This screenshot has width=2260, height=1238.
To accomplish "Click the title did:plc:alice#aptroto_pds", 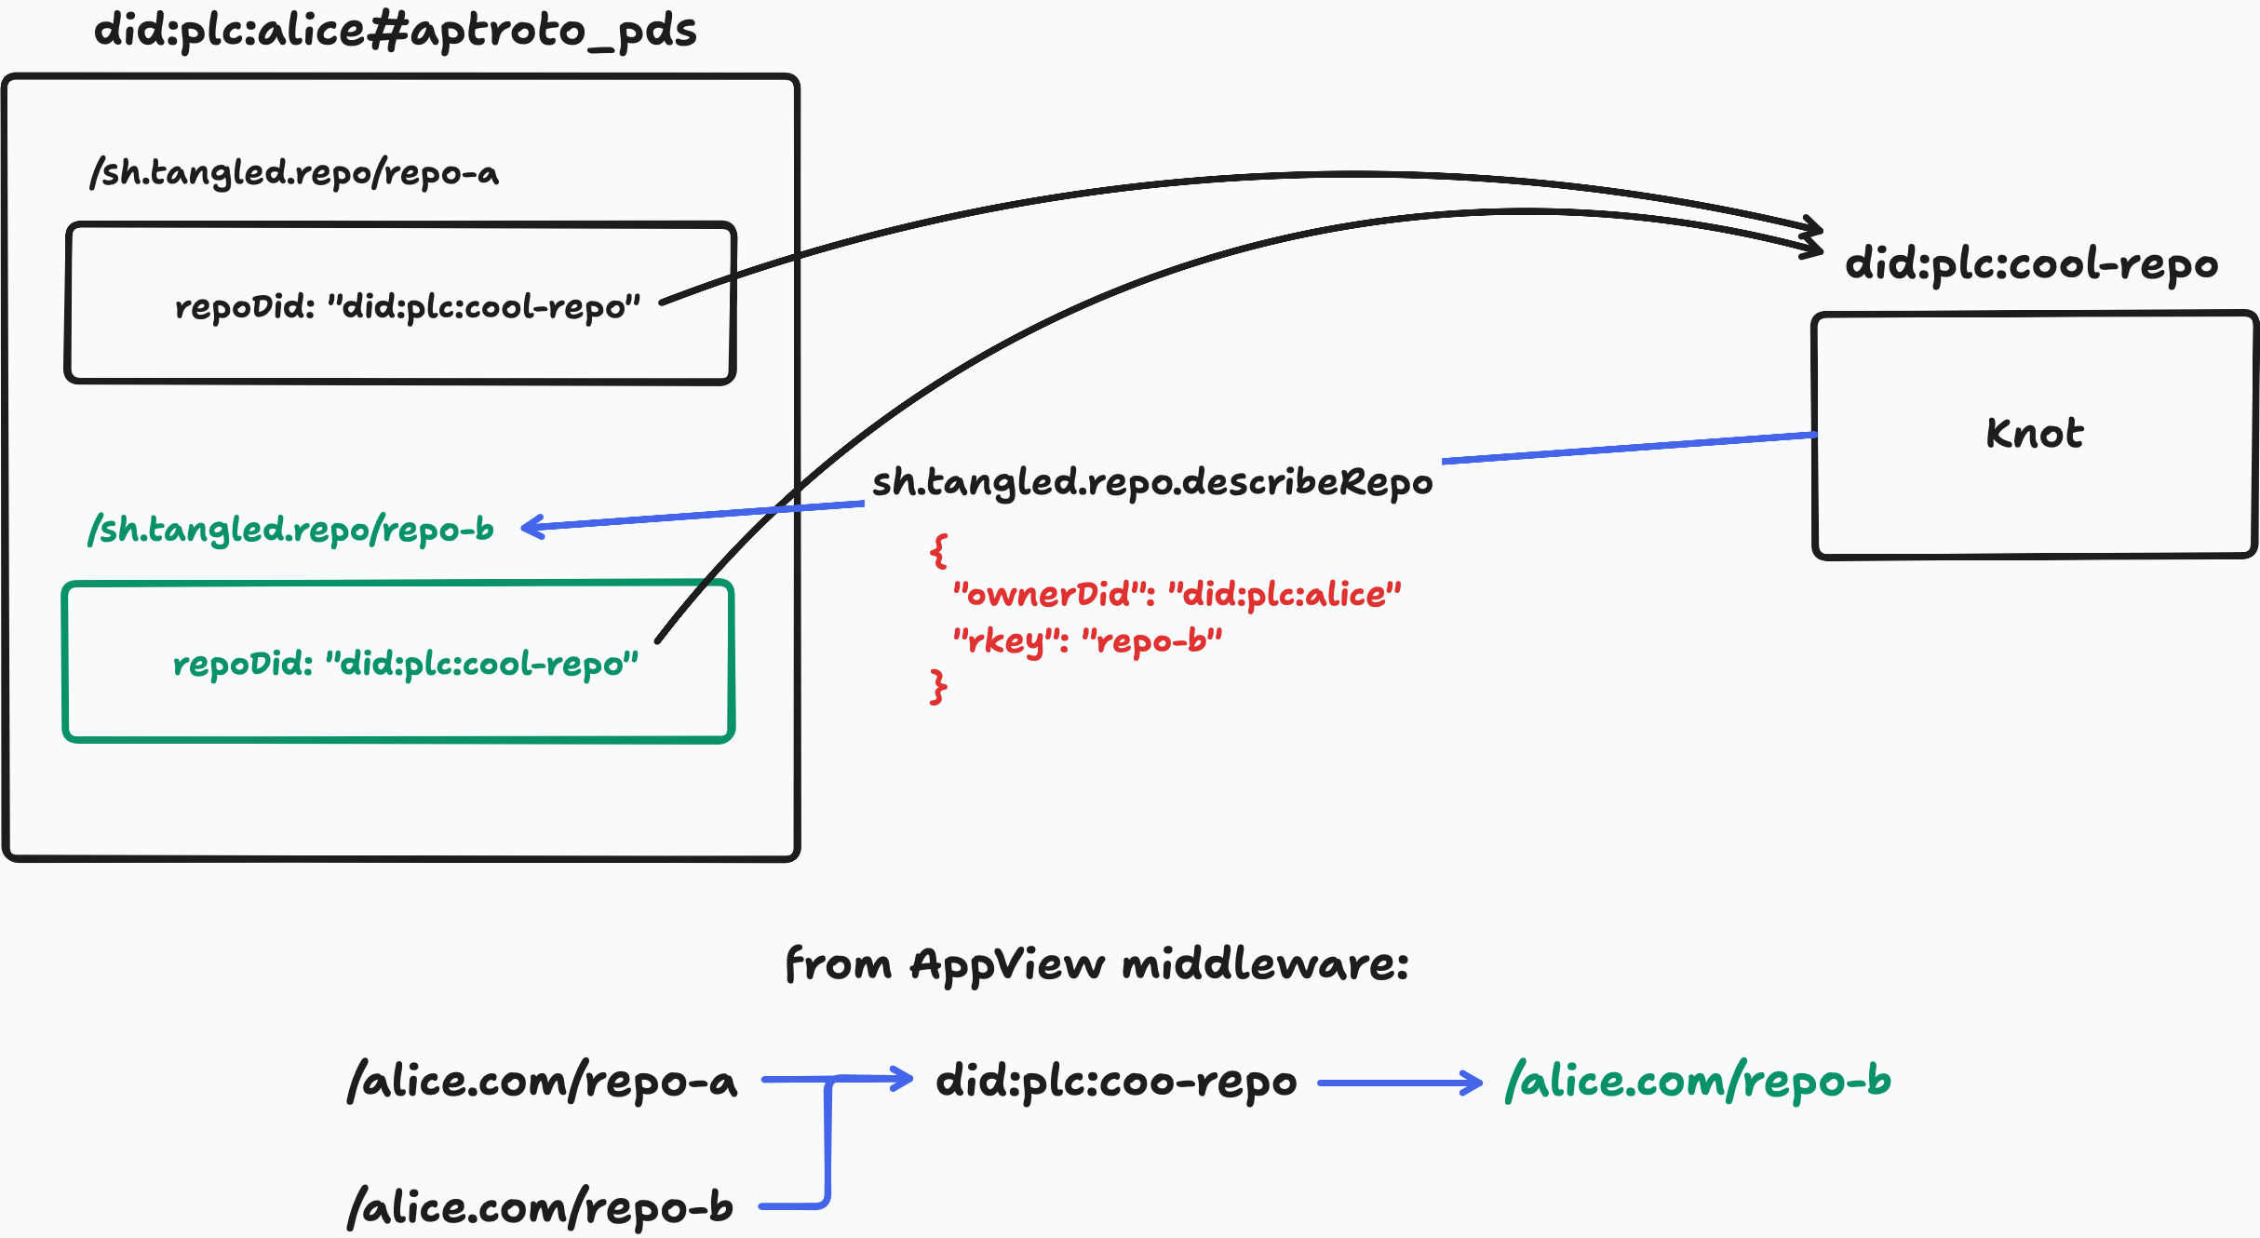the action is click(396, 31).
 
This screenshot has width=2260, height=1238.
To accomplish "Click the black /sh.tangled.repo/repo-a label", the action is click(294, 173).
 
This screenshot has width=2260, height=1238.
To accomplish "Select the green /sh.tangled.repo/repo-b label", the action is click(290, 530).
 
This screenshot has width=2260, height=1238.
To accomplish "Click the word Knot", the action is click(2035, 434).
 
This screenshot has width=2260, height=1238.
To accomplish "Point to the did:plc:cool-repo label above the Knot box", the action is click(2032, 265).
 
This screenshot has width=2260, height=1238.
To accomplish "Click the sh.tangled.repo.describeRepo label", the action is click(1152, 483).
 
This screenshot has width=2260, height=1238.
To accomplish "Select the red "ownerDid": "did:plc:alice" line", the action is click(1177, 594).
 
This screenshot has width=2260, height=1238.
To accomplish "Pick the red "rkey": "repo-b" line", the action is click(1087, 641).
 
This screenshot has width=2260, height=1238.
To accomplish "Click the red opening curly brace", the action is click(938, 551).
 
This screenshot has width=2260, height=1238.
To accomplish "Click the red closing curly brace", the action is click(938, 687).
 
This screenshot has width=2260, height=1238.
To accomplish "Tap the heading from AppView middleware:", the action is click(1097, 964).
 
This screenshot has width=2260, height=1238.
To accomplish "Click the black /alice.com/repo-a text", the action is click(542, 1082).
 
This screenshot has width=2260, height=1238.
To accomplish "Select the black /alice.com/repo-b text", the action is click(540, 1208).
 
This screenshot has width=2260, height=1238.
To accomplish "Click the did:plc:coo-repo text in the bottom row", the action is click(1116, 1083).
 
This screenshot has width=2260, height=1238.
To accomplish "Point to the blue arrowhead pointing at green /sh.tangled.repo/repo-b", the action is click(533, 528).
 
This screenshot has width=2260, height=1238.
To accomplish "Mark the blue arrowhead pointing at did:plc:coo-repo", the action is click(901, 1079).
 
